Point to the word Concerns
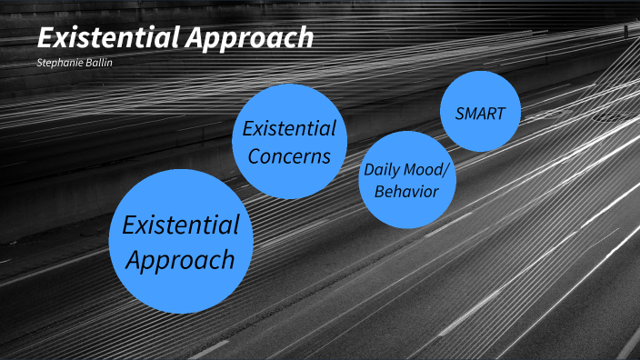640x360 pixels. [x=290, y=155]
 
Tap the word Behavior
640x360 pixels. [x=406, y=192]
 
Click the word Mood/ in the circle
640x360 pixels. [x=427, y=169]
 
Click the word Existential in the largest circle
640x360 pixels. [x=181, y=224]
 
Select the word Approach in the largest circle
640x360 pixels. [x=181, y=260]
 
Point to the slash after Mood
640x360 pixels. [x=446, y=169]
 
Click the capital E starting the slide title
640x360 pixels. [x=45, y=38]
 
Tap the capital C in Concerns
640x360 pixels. [x=255, y=155]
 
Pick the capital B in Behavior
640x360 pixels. [x=379, y=192]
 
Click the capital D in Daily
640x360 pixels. [x=369, y=169]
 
